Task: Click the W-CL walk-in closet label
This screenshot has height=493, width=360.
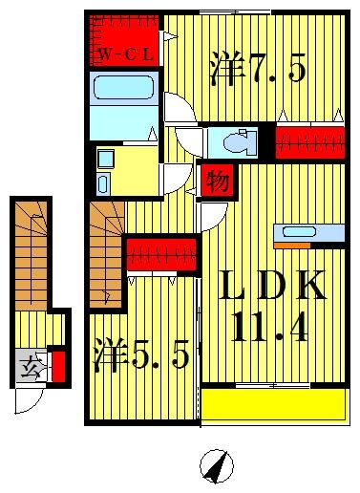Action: [125, 55]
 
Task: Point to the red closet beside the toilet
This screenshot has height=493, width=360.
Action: [309, 141]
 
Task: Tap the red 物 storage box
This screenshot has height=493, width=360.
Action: [217, 180]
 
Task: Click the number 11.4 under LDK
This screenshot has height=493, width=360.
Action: [267, 330]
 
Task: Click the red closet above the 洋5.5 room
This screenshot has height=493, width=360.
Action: [162, 255]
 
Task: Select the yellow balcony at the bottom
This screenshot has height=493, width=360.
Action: [273, 405]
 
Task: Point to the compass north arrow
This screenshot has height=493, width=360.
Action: [217, 466]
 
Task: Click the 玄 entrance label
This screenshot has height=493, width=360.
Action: [30, 364]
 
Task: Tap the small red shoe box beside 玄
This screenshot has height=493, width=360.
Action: [58, 365]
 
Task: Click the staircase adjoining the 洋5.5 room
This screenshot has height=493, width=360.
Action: [106, 253]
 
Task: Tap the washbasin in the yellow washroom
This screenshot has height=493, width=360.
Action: [104, 157]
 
